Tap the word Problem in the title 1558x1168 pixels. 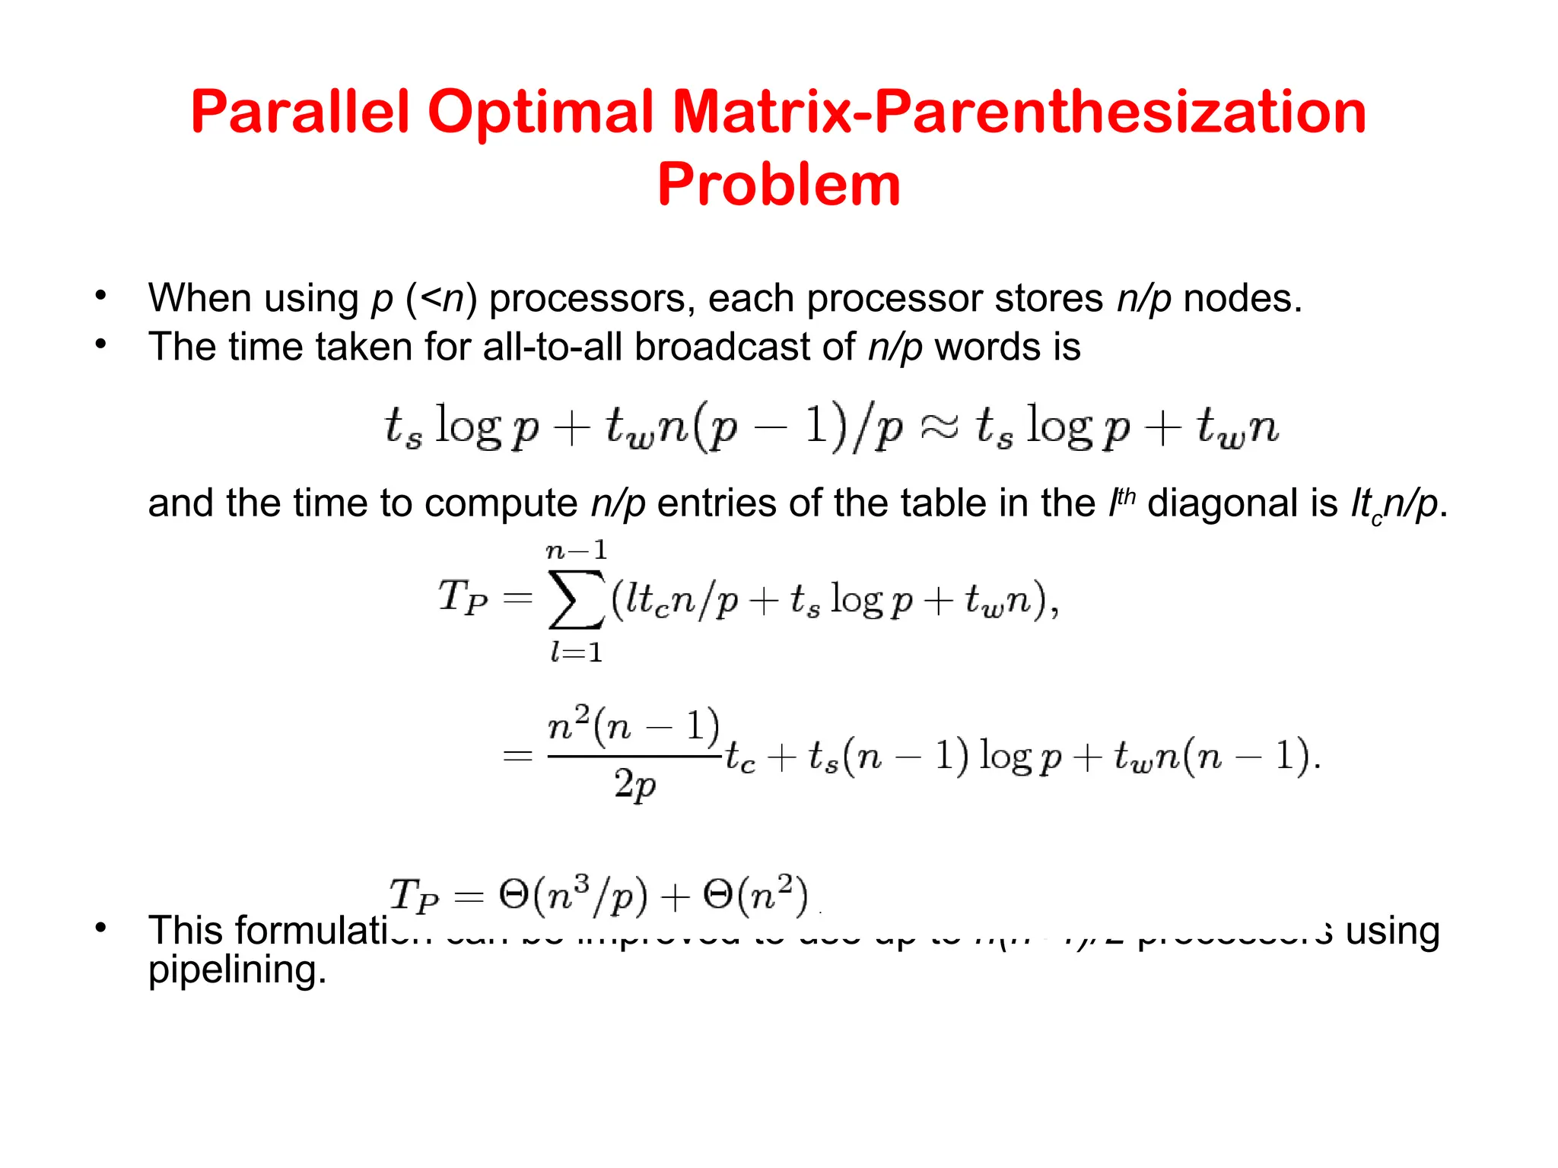click(779, 185)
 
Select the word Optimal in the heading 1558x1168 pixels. click(541, 113)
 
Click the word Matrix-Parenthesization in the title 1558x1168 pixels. click(1019, 113)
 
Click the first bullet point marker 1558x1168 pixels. click(100, 296)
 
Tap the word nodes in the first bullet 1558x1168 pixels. click(1242, 298)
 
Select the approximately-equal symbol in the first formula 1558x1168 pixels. click(940, 427)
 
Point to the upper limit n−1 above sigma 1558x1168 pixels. click(577, 549)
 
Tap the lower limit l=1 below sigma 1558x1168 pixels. click(577, 652)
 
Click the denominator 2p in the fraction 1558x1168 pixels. click(634, 784)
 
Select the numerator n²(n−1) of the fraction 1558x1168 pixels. click(633, 725)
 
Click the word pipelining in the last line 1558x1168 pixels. click(237, 970)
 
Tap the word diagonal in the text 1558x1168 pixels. click(1242, 503)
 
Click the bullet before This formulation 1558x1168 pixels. click(100, 928)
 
